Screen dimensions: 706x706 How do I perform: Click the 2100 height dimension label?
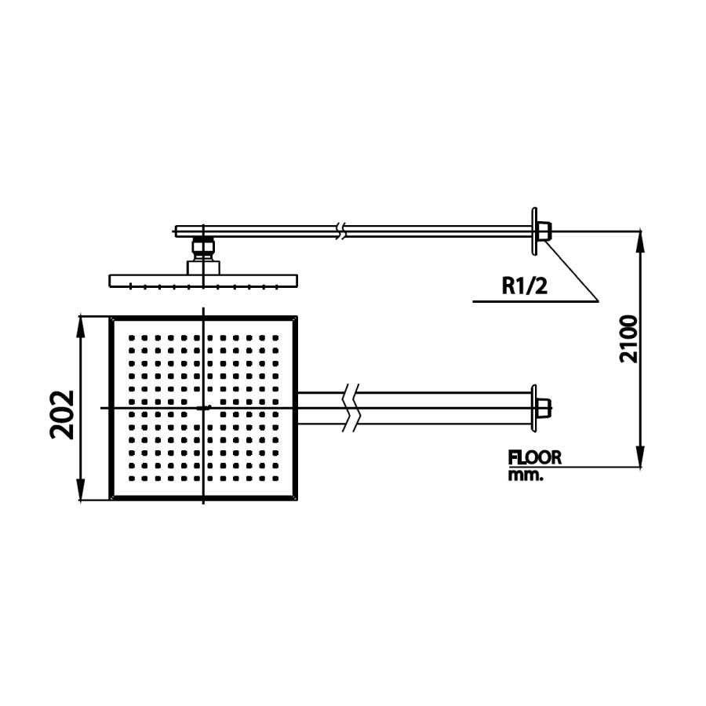tap(628, 338)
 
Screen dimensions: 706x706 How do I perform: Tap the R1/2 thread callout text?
tap(524, 286)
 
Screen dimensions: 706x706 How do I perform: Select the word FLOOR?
tap(535, 457)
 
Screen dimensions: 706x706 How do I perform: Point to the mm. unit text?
tap(525, 475)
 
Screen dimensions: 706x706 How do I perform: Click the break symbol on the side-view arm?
tap(339, 231)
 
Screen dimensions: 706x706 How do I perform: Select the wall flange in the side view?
tap(534, 231)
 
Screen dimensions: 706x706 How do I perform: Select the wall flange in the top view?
tap(535, 407)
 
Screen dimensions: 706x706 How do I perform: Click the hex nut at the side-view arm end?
tap(544, 231)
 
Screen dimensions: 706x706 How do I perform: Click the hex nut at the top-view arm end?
tap(545, 408)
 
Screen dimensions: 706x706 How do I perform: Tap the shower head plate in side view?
tap(204, 281)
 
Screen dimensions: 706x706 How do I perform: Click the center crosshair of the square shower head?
tap(204, 408)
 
